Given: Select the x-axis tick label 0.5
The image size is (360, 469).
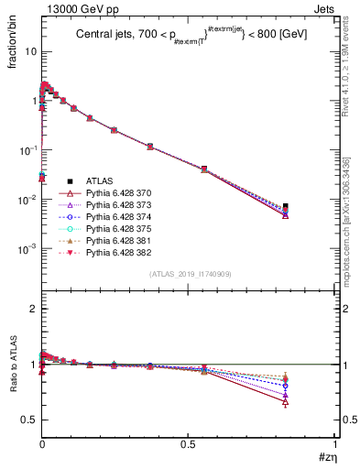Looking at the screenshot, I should pyautogui.click(x=189, y=442).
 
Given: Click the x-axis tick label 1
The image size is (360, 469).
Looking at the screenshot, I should pyautogui.click(x=335, y=442).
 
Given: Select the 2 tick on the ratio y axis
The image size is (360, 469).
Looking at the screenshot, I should pyautogui.click(x=30, y=309).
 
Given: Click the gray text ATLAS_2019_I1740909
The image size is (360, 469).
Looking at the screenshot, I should pyautogui.click(x=189, y=274).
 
